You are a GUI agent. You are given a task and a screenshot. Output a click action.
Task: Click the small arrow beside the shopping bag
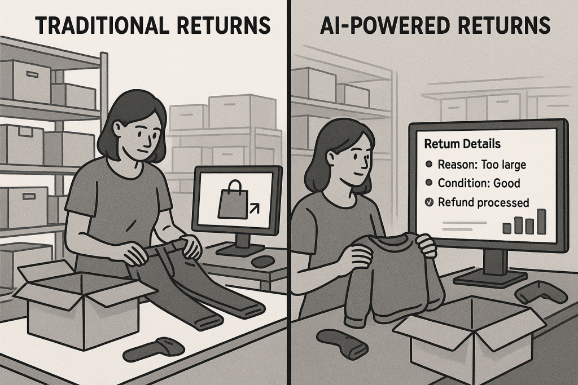pyautogui.click(x=253, y=210)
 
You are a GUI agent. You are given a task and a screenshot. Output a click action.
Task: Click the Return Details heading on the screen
pyautogui.click(x=462, y=144)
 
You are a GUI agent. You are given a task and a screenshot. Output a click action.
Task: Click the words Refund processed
pyautogui.click(x=483, y=202)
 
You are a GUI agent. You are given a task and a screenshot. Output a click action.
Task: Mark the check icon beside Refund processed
pyautogui.click(x=429, y=202)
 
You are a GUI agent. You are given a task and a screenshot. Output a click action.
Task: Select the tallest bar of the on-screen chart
pyautogui.click(x=541, y=221)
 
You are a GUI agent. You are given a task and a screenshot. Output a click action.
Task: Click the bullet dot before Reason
pyautogui.click(x=429, y=164)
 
